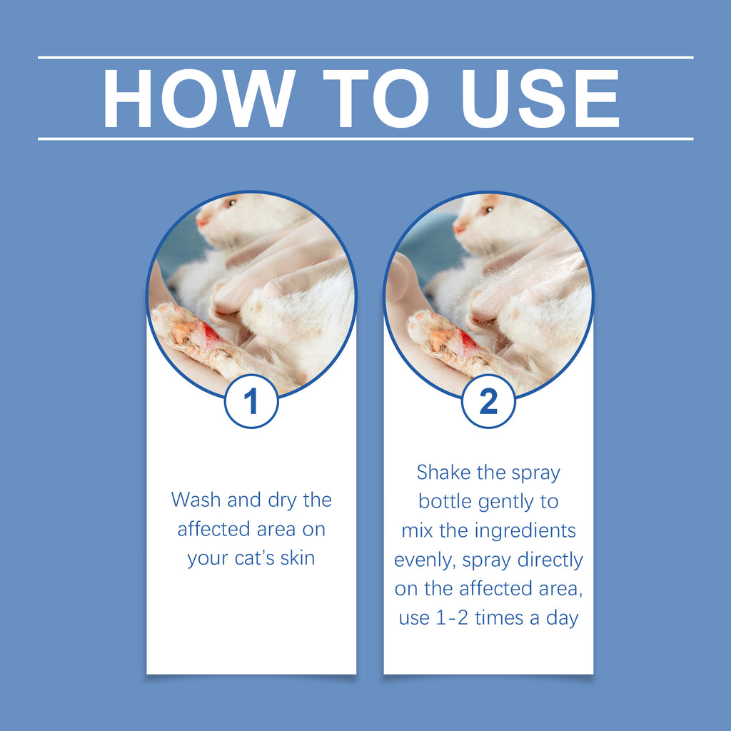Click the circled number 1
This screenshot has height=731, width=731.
(251, 402)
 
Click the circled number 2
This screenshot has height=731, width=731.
(488, 402)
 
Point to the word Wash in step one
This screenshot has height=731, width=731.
(196, 500)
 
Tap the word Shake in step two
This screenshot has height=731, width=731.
(443, 473)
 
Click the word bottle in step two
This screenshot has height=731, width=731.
(444, 501)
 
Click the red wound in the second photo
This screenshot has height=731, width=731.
(468, 341)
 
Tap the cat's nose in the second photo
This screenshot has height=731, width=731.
(459, 228)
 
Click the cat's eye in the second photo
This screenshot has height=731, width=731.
(488, 210)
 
